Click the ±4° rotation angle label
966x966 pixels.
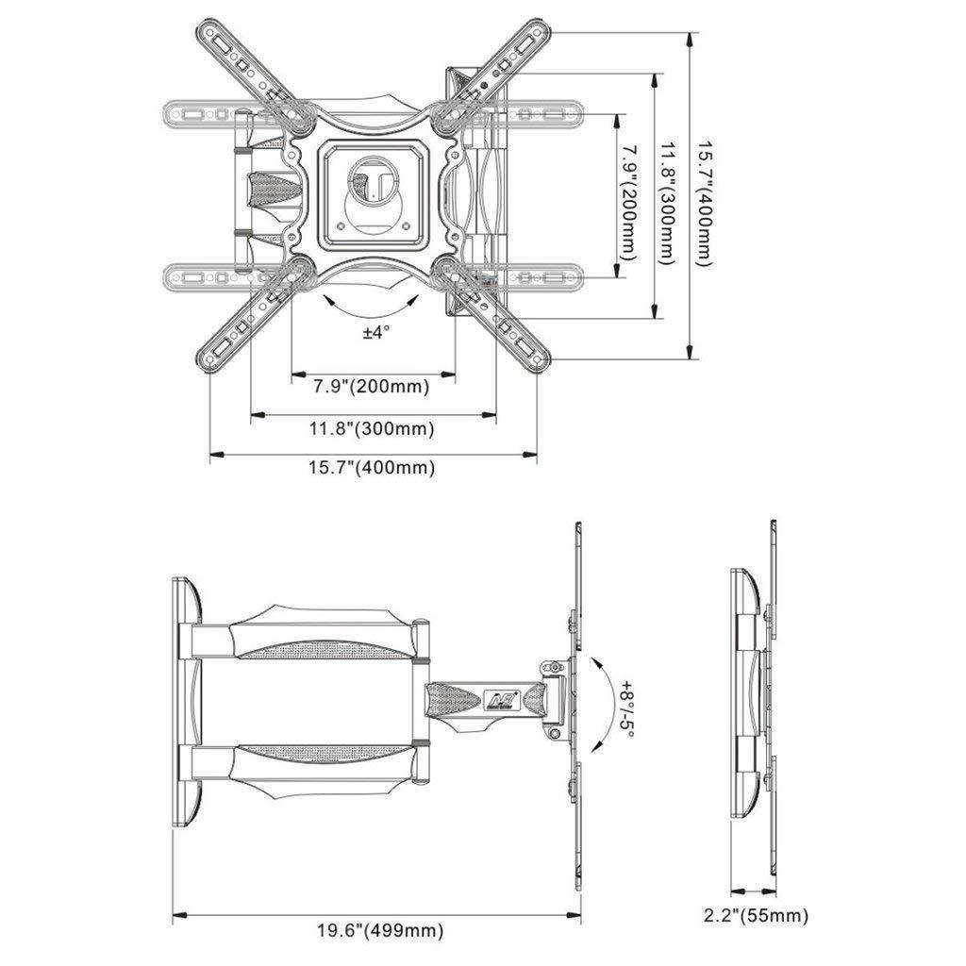pos(375,332)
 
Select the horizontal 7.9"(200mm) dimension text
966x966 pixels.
pos(372,386)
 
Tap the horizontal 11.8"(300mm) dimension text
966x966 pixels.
pos(373,428)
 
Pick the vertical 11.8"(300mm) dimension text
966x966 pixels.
pos(667,204)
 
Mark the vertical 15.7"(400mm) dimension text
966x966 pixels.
pos(705,204)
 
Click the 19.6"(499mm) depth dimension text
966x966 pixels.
pos(379,929)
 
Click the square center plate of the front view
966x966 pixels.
pos(372,190)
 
